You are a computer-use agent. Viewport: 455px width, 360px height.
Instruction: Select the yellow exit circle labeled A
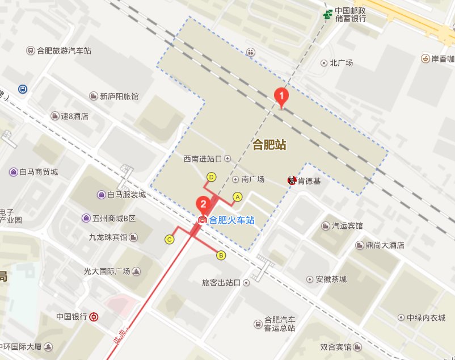(x=238, y=196)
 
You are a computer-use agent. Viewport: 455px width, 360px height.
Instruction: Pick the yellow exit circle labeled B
(x=221, y=256)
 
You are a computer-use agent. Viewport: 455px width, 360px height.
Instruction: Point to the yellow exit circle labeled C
(x=169, y=240)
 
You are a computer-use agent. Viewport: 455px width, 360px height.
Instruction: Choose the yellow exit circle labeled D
(x=212, y=177)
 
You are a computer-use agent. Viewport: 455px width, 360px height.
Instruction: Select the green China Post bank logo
(x=328, y=14)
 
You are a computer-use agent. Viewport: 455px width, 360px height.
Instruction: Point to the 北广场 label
(x=340, y=63)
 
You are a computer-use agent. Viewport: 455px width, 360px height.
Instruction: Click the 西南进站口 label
(x=203, y=158)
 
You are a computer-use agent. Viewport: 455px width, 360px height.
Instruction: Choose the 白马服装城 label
(x=127, y=195)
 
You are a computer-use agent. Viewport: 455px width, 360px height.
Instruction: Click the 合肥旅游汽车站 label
(x=64, y=51)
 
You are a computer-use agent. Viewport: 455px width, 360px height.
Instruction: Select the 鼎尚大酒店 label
(x=384, y=245)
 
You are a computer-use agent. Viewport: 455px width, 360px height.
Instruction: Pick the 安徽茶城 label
(x=331, y=279)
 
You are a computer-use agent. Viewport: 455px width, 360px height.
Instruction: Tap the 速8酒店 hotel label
(x=75, y=116)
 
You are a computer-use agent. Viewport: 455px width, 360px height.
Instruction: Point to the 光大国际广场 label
(x=107, y=271)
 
